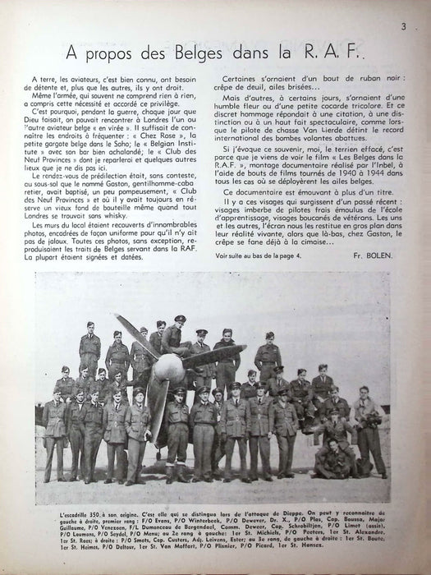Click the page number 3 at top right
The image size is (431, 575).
[x=405, y=27]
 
